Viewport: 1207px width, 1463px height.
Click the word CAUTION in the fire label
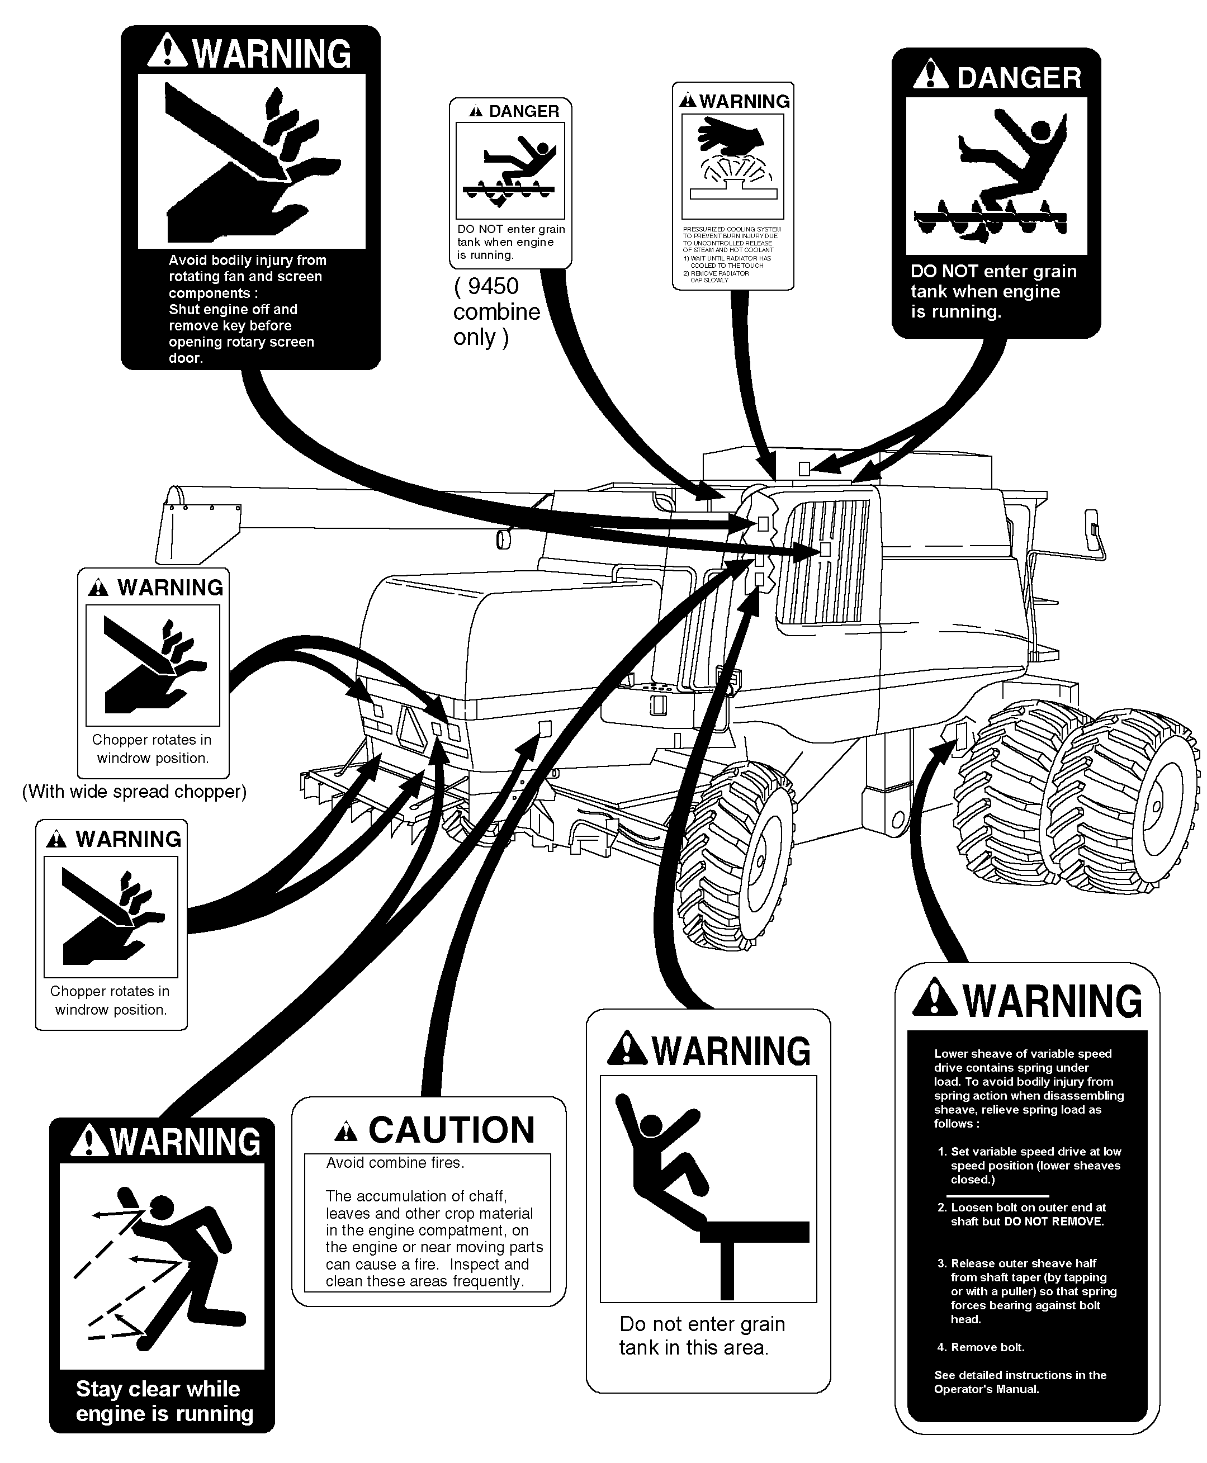point(451,1130)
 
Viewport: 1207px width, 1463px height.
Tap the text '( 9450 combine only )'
point(496,311)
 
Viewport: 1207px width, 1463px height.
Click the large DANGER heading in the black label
point(1019,78)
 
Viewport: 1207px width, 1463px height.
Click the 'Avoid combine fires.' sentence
point(395,1163)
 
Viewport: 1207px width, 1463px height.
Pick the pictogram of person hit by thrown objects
point(162,1267)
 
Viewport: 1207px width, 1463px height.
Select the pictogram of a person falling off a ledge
point(708,1189)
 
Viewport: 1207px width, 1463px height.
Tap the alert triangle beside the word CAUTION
point(345,1132)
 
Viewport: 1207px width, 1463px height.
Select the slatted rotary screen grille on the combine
point(827,561)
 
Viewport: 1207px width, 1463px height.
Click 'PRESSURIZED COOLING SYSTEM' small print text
point(731,229)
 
